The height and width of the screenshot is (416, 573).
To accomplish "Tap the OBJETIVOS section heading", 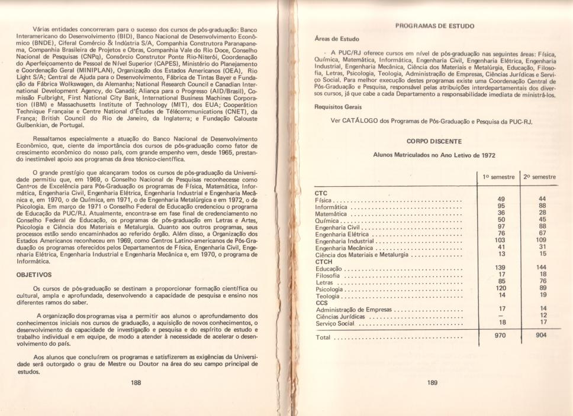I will pyautogui.click(x=34, y=274).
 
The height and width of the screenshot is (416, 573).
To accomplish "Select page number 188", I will pyautogui.click(x=136, y=382).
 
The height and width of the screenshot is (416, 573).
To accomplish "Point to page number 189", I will pyautogui.click(x=432, y=382).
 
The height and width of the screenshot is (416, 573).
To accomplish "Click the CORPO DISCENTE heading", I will pyautogui.click(x=434, y=141).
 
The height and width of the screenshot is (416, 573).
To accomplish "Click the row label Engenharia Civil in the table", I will pyautogui.click(x=337, y=226).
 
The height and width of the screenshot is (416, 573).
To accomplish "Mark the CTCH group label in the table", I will pyautogui.click(x=324, y=261).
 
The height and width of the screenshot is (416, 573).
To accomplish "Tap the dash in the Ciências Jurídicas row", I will pyautogui.click(x=501, y=316).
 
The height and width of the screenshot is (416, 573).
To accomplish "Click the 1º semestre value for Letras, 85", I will pyautogui.click(x=501, y=281).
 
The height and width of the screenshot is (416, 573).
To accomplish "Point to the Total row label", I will pyautogui.click(x=323, y=338).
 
